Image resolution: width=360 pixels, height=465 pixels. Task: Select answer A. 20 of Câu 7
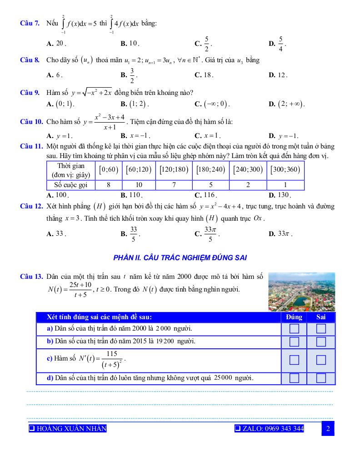56,44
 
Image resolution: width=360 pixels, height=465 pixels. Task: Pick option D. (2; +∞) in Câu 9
286,104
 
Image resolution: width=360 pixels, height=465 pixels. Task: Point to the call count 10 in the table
139,185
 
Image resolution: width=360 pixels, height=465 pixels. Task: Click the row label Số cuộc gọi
70,185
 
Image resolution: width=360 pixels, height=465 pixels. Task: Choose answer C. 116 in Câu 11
204,195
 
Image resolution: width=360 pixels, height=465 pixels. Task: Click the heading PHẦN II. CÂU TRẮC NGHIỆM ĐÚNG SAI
180,258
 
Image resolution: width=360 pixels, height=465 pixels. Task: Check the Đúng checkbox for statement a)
295,328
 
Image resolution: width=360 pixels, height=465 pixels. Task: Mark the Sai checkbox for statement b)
321,341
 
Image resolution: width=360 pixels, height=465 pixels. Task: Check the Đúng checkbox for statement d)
295,378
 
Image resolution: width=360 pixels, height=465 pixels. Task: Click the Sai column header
321,317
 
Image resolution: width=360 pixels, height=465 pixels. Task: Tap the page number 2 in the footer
327,429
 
